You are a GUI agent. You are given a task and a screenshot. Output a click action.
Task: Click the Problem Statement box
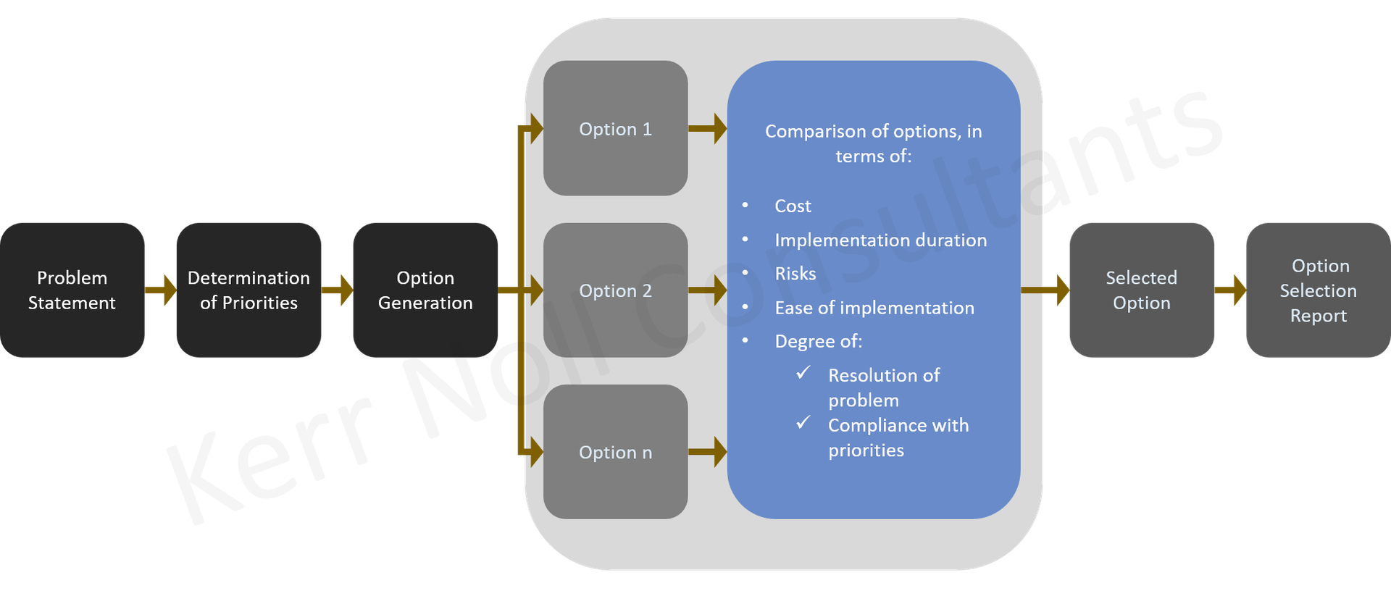pyautogui.click(x=72, y=290)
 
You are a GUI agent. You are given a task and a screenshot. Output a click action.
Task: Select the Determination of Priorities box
pyautogui.click(x=248, y=290)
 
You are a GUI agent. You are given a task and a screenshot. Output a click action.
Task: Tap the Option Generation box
pyautogui.click(x=425, y=290)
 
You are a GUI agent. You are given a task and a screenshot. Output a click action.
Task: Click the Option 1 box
pyautogui.click(x=615, y=128)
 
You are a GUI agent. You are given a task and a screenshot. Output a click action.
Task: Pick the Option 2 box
pyautogui.click(x=615, y=290)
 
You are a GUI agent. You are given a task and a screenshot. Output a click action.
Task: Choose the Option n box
pyautogui.click(x=615, y=452)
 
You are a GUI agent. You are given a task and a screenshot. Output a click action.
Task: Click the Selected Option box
pyautogui.click(x=1141, y=290)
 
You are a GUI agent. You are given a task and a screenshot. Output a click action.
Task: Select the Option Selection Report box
pyautogui.click(x=1318, y=290)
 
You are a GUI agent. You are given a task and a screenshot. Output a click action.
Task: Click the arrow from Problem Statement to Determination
pyautogui.click(x=161, y=290)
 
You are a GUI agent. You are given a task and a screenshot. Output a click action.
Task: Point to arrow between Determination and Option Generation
pyautogui.click(x=338, y=290)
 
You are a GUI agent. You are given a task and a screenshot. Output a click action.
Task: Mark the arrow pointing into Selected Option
pyautogui.click(x=1045, y=290)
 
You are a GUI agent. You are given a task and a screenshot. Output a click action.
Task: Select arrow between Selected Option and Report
pyautogui.click(x=1230, y=290)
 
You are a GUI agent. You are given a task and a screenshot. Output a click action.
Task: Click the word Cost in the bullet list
pyautogui.click(x=793, y=206)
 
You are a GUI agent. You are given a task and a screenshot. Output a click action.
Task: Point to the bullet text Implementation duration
pyautogui.click(x=880, y=240)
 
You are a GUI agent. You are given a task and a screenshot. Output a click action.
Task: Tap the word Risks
pyautogui.click(x=795, y=274)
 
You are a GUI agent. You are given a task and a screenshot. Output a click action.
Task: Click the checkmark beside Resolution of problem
pyautogui.click(x=803, y=373)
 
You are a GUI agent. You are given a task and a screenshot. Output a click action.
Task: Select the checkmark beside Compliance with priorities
pyautogui.click(x=803, y=422)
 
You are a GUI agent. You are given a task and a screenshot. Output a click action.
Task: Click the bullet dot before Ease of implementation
pyautogui.click(x=745, y=308)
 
